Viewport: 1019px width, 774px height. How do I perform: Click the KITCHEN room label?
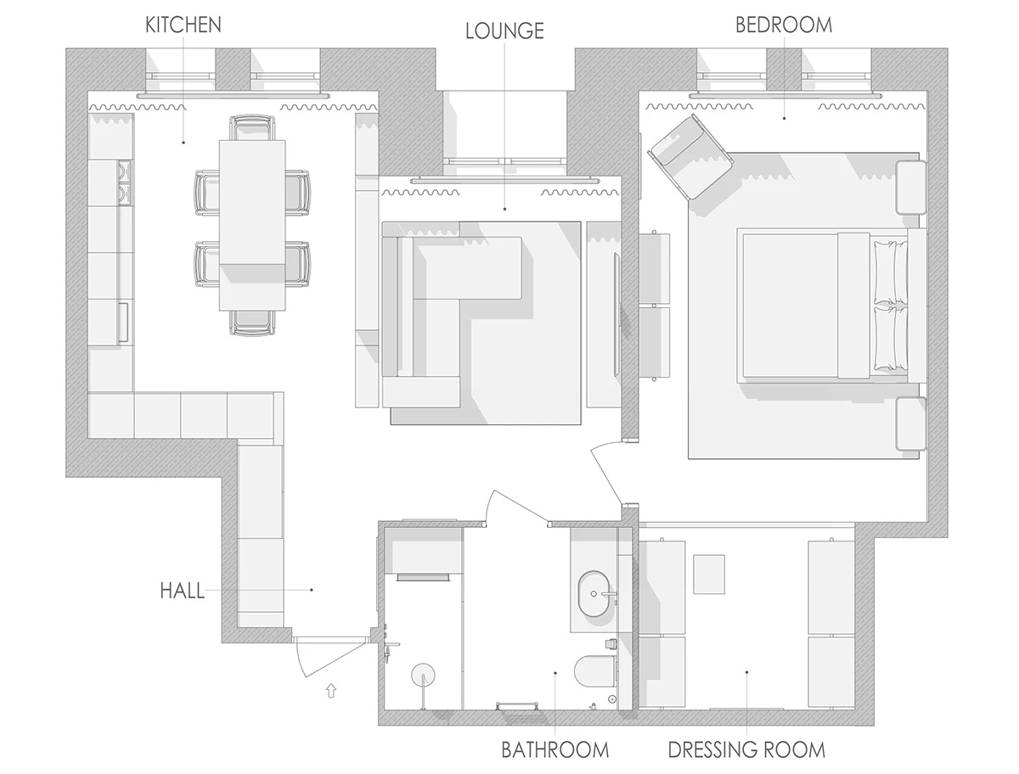click(x=183, y=25)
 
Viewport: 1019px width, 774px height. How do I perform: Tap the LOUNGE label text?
click(x=504, y=31)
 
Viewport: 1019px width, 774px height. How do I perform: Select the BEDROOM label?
click(x=784, y=25)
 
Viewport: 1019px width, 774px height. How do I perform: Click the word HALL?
click(x=182, y=591)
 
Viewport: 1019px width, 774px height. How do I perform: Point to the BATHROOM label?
click(x=555, y=749)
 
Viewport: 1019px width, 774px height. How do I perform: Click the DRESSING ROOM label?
click(x=746, y=749)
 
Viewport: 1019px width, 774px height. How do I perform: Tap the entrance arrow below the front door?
click(x=330, y=690)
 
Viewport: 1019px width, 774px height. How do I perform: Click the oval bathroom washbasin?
click(x=593, y=593)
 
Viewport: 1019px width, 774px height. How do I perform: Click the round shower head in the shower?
click(x=423, y=675)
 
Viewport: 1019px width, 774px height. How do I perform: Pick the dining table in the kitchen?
click(x=252, y=225)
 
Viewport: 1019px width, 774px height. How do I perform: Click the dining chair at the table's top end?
click(x=252, y=127)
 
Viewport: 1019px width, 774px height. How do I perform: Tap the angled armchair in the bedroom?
click(x=690, y=157)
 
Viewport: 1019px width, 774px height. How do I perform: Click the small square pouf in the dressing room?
click(x=709, y=574)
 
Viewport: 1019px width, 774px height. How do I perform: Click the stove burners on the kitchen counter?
click(x=125, y=182)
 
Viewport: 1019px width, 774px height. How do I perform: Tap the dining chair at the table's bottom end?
click(x=251, y=323)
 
